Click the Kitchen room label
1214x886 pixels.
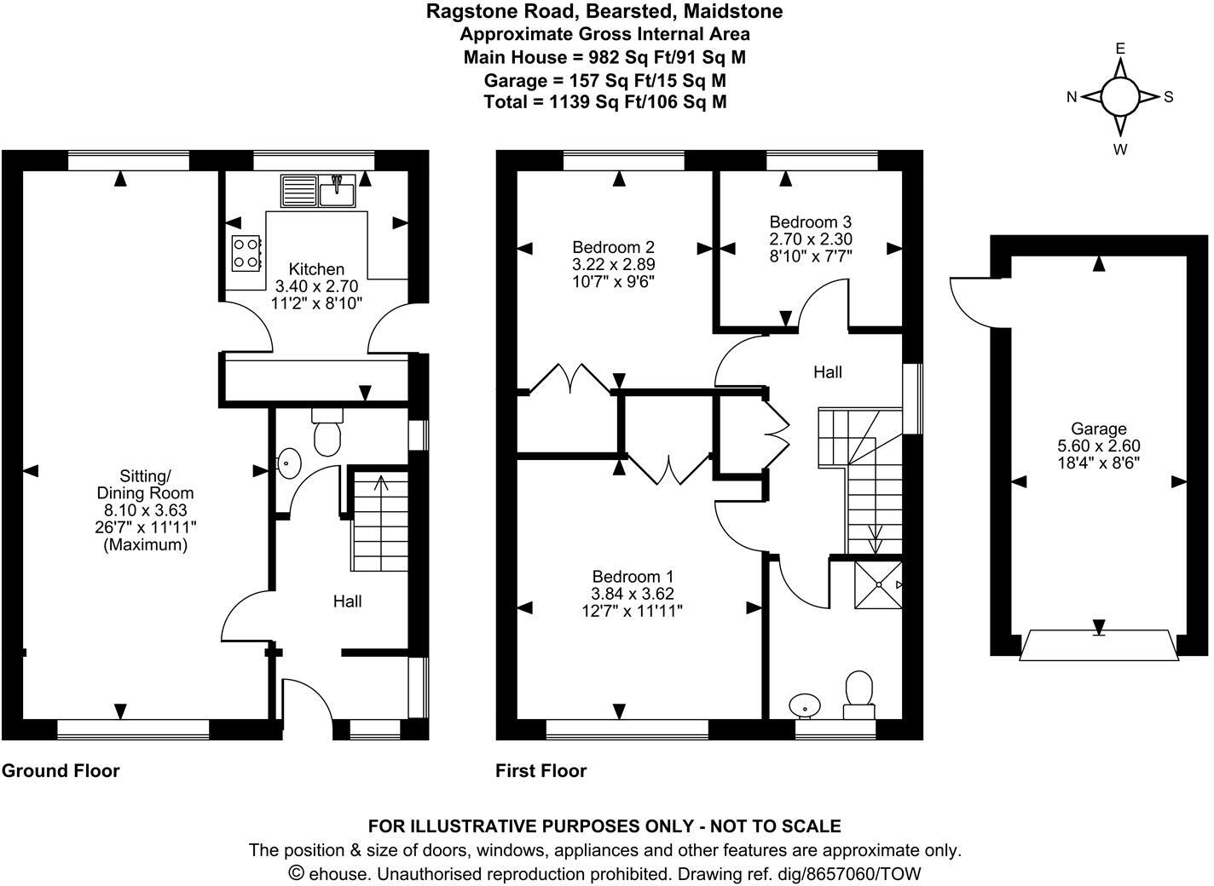[316, 269]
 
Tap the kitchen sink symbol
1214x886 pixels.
[318, 192]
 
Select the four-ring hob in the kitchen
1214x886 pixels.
[245, 252]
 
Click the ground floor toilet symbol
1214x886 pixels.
[327, 434]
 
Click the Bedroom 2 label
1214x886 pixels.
[613, 247]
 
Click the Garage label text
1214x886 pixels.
[1099, 429]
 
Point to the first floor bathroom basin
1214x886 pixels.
[805, 705]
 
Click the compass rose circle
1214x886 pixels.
[1119, 97]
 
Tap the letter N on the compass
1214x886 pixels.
[1072, 97]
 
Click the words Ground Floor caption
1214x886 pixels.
[61, 771]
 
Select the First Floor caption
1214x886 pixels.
[541, 771]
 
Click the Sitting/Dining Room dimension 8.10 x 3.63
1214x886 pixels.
[144, 510]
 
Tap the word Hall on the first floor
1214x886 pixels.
[827, 372]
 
